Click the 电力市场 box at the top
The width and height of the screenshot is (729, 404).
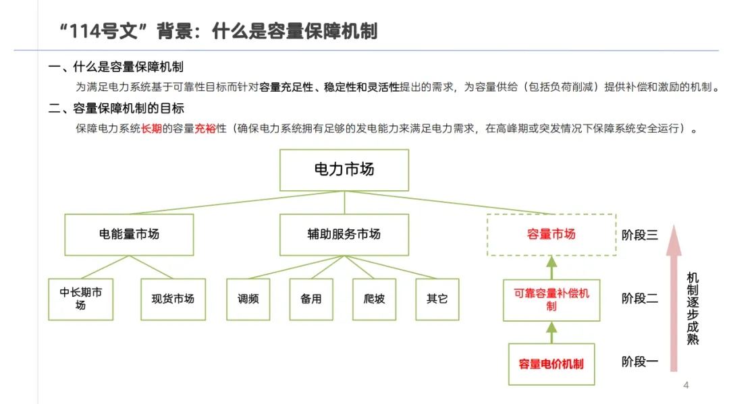tap(344, 170)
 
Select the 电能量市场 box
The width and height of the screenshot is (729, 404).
tap(129, 235)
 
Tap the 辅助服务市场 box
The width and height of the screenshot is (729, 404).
tap(344, 235)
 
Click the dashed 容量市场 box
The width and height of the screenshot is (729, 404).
tap(551, 235)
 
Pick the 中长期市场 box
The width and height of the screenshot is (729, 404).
tap(81, 299)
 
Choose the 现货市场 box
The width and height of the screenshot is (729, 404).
tap(173, 299)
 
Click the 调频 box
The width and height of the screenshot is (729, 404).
tap(248, 299)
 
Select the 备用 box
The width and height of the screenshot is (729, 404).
tap(311, 299)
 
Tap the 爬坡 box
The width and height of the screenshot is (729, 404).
tap(374, 299)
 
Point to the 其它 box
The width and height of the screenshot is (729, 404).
tap(437, 299)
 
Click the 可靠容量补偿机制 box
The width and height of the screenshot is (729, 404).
tap(551, 300)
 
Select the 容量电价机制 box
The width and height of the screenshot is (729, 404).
tap(551, 364)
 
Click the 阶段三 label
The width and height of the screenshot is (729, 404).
tap(640, 235)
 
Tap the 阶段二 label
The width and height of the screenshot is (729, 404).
tap(640, 298)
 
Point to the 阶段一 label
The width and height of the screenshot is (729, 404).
tap(640, 362)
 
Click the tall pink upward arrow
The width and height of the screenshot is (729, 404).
tap(674, 298)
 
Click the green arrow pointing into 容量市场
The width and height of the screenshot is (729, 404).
tap(551, 268)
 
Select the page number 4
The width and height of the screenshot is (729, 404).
tap(686, 385)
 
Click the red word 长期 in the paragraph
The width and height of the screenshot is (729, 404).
tap(151, 129)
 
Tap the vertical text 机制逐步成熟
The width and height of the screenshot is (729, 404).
tap(693, 308)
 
